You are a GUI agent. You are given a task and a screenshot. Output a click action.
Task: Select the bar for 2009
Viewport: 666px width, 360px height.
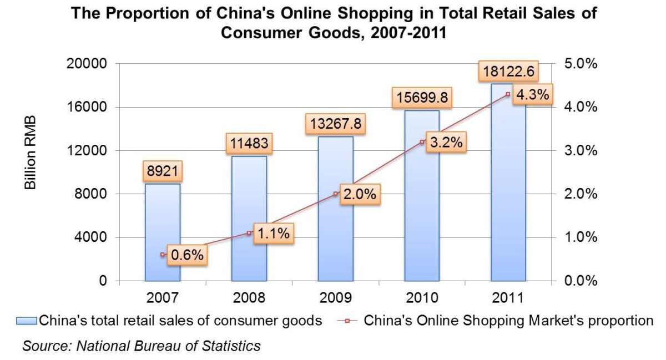click(x=335, y=233)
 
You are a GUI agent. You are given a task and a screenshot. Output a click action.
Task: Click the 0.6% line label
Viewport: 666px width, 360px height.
click(x=187, y=255)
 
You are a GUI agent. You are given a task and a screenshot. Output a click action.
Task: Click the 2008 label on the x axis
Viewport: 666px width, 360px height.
click(x=249, y=298)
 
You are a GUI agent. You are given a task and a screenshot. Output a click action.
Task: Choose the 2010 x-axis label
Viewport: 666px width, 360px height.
click(x=422, y=298)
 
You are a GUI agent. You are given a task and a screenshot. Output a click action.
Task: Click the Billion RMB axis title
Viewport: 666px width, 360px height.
click(x=31, y=153)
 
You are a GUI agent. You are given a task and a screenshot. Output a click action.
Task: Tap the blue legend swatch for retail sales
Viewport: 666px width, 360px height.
click(x=27, y=321)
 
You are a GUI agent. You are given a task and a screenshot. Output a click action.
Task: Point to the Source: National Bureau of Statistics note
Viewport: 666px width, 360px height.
click(x=141, y=346)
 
